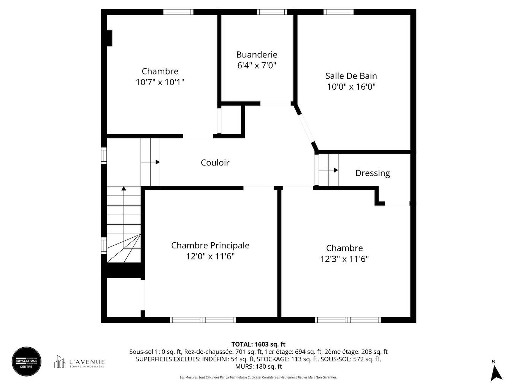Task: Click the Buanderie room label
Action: pos(257,55)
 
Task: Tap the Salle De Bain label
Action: pos(351,76)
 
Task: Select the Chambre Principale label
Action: pos(210,245)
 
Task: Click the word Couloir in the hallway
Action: pos(215,163)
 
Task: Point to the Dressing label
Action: pos(372,173)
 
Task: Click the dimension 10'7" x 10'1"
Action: pos(160,82)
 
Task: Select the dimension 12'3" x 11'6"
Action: pos(344,259)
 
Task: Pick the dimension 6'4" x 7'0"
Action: pos(257,65)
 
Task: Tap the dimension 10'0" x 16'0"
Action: pos(351,87)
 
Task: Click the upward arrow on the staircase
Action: pos(124,188)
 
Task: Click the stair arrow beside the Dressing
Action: pos(335,170)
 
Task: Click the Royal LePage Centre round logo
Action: pos(26,361)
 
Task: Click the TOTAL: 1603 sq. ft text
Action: pos(258,344)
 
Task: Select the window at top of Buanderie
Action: pos(272,12)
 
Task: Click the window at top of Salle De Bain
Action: pos(338,12)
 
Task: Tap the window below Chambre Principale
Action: pos(203,320)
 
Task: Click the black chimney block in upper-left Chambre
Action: pos(109,38)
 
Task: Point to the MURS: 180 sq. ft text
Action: pos(258,367)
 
